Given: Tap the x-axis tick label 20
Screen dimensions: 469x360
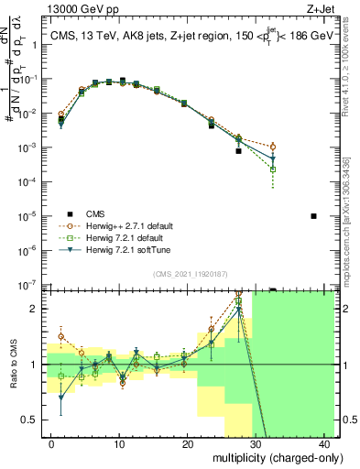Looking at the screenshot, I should pyautogui.click(x=188, y=442).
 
